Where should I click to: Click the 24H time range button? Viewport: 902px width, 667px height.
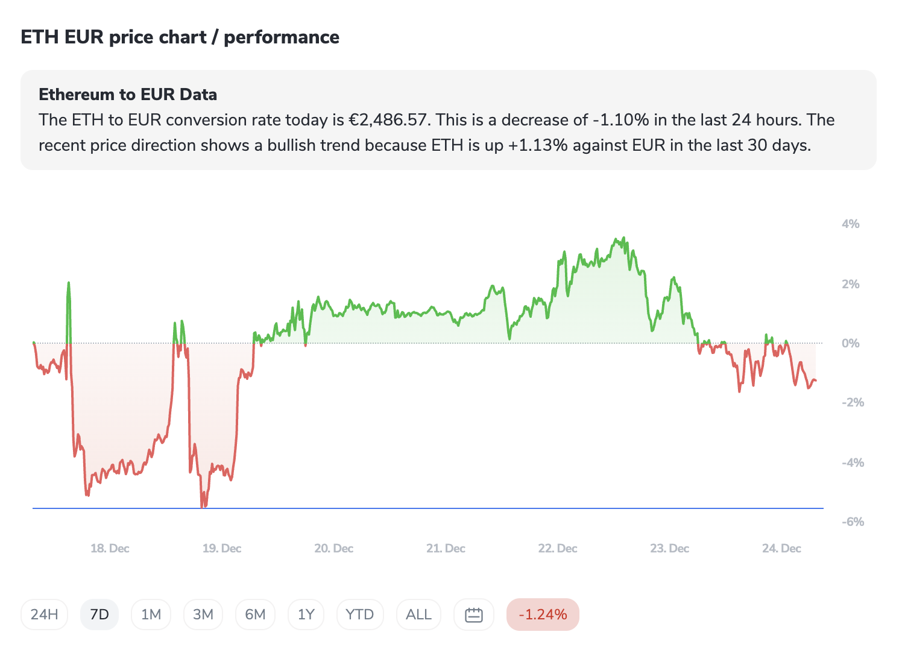pyautogui.click(x=44, y=615)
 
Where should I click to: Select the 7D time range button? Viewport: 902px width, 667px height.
pyautogui.click(x=99, y=615)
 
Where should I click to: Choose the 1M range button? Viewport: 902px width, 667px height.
pyautogui.click(x=151, y=615)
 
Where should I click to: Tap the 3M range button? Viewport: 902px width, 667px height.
pyautogui.click(x=203, y=615)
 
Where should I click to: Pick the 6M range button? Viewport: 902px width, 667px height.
pyautogui.click(x=255, y=615)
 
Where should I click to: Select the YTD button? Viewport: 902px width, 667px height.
pyautogui.click(x=360, y=615)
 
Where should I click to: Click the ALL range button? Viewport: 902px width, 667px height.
pyautogui.click(x=418, y=615)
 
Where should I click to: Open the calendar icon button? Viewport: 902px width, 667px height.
pyautogui.click(x=474, y=615)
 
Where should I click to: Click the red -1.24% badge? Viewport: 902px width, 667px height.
pyautogui.click(x=543, y=615)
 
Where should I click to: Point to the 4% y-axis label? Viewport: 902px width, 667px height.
pyautogui.click(x=850, y=224)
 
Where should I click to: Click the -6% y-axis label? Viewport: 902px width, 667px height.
pyautogui.click(x=853, y=522)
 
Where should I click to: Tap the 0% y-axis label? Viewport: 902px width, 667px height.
pyautogui.click(x=850, y=343)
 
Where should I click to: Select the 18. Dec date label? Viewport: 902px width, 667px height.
pyautogui.click(x=110, y=548)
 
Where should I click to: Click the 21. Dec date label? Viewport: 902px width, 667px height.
pyautogui.click(x=446, y=548)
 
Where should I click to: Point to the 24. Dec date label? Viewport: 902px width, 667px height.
pyautogui.click(x=781, y=548)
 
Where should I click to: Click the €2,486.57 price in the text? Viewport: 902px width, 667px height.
pyautogui.click(x=389, y=120)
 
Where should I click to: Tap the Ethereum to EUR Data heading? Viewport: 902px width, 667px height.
pyautogui.click(x=128, y=94)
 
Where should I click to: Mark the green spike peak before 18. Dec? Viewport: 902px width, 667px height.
pyautogui.click(x=69, y=283)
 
